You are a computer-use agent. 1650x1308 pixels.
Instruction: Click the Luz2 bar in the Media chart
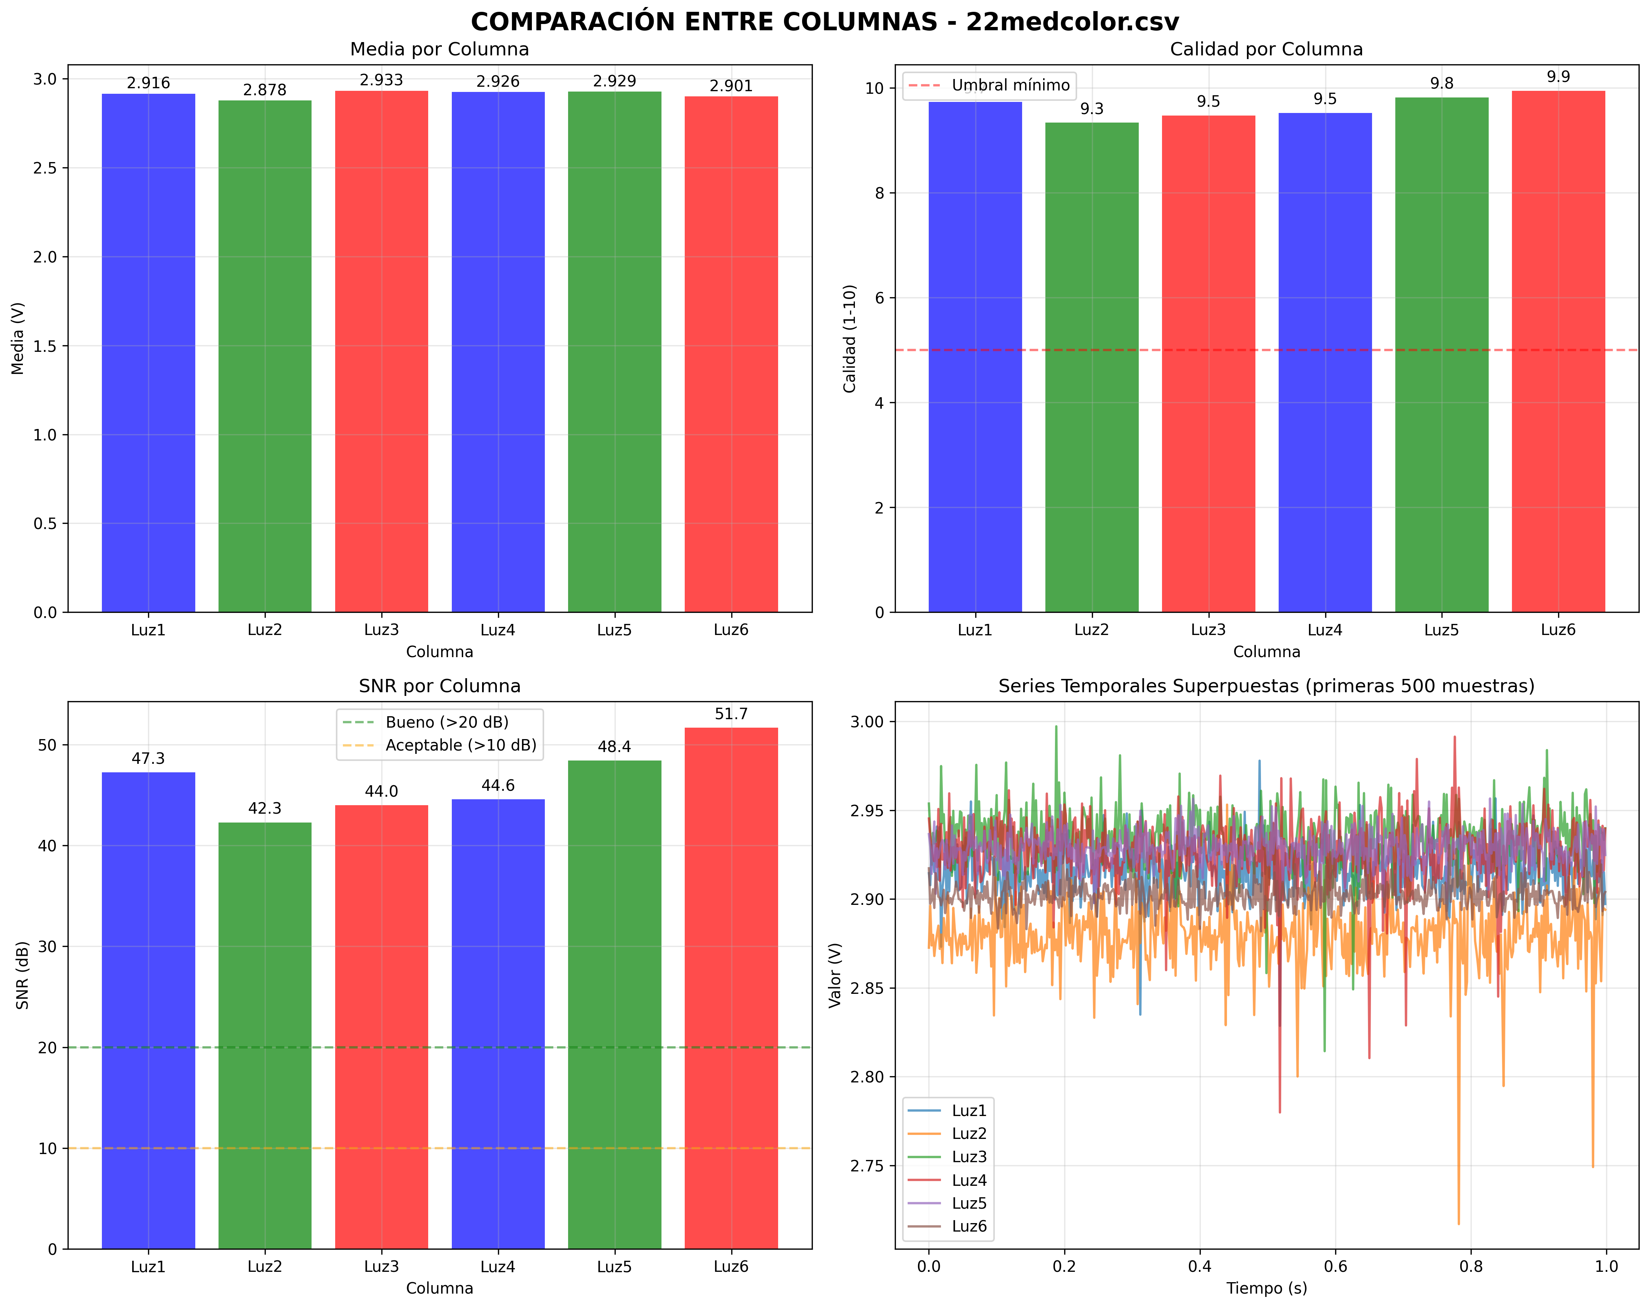pyautogui.click(x=265, y=356)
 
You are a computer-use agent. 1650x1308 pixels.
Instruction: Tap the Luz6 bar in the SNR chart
pyautogui.click(x=731, y=987)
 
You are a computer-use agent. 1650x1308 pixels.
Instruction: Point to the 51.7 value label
pyautogui.click(x=731, y=714)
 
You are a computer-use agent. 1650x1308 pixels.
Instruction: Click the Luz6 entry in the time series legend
pyautogui.click(x=968, y=1226)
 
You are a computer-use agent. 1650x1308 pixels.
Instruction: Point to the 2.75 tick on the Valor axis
pyautogui.click(x=867, y=1165)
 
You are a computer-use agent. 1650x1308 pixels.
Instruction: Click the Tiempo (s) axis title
pyautogui.click(x=1266, y=1288)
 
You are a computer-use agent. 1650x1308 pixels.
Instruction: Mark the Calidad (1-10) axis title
pyautogui.click(x=849, y=339)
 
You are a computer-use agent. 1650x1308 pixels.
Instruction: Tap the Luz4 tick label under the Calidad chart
pyautogui.click(x=1325, y=630)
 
